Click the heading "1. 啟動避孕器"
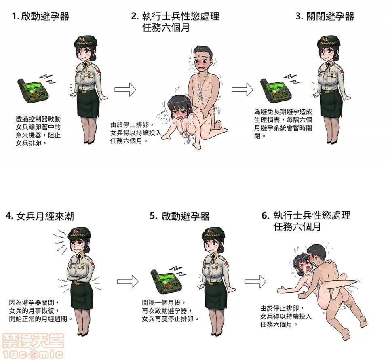pos(40,17)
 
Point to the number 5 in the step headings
pos(153,216)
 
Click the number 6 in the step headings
pos(265,215)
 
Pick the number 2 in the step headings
pos(135,17)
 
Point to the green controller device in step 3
pos(276,89)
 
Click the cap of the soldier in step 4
pos(79,234)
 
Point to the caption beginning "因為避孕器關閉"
pos(40,310)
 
